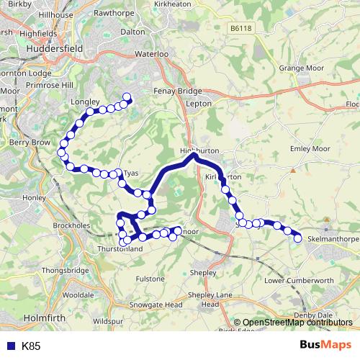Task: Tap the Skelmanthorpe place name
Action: point(333,238)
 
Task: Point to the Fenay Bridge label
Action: point(177,91)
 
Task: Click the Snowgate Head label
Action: point(158,305)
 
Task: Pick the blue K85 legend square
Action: point(10,346)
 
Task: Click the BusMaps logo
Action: point(325,345)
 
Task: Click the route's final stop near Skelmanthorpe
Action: point(297,239)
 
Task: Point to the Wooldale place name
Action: point(77,295)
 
